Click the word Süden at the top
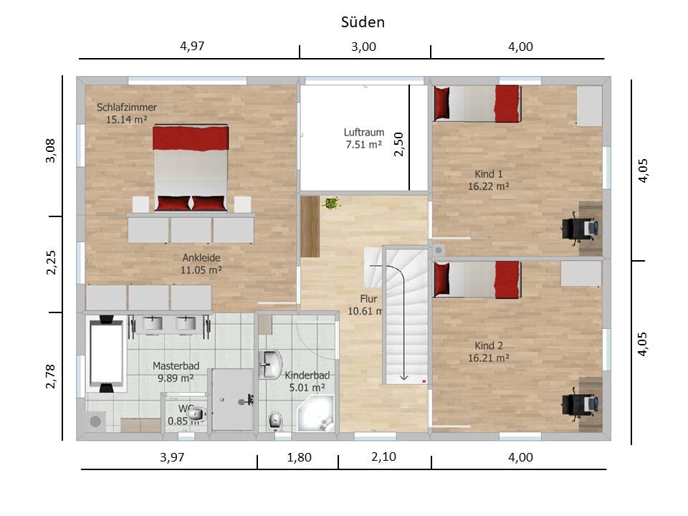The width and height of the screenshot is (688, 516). (363, 22)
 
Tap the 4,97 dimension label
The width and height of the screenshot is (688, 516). (192, 46)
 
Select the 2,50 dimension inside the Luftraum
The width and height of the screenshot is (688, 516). (398, 144)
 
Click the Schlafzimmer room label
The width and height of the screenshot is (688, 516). (127, 107)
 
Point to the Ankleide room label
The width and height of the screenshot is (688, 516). (201, 257)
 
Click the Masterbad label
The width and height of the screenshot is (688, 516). (176, 365)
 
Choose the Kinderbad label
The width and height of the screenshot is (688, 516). (307, 376)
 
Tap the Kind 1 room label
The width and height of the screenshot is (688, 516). (488, 173)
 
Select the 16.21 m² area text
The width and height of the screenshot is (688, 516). (488, 358)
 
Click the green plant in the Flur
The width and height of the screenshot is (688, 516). (332, 203)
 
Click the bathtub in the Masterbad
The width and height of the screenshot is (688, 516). (106, 353)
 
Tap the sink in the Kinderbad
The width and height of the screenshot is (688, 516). (270, 364)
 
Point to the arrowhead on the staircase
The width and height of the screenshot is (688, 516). (403, 376)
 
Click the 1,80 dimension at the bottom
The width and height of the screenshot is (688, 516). (300, 457)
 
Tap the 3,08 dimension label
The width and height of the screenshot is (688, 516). (51, 150)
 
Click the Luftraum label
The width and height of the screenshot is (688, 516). (364, 132)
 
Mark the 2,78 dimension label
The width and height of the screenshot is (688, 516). (51, 376)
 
